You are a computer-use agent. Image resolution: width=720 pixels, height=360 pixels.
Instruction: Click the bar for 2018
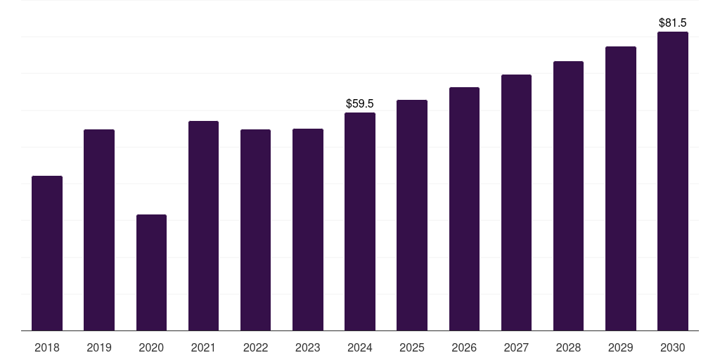[x=47, y=253]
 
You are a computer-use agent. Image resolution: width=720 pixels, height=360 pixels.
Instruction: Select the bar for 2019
[x=99, y=230]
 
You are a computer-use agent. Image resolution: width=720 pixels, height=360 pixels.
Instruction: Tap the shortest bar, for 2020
[x=152, y=272]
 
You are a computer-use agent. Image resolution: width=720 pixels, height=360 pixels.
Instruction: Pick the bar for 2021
[x=203, y=226]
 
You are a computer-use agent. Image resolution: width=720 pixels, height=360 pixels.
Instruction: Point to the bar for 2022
[x=255, y=230]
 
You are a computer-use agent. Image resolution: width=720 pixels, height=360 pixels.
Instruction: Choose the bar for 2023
[x=308, y=230]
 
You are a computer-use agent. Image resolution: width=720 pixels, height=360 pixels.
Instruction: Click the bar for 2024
[x=360, y=221]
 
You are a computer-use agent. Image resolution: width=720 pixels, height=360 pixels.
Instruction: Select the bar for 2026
[x=464, y=209]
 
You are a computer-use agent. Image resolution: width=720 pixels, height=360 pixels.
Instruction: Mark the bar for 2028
[x=568, y=196]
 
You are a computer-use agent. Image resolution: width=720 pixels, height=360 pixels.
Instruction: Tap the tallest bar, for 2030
[x=673, y=181]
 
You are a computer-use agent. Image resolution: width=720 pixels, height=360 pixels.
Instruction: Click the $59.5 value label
[x=360, y=103]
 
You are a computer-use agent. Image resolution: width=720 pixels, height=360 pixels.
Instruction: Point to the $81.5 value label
[x=673, y=23]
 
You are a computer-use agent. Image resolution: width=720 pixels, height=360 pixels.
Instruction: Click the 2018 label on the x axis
[x=47, y=347]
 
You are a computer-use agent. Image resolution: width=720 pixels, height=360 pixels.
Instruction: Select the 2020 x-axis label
[x=152, y=347]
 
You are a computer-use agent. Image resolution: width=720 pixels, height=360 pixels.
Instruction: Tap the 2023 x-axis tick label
[x=308, y=347]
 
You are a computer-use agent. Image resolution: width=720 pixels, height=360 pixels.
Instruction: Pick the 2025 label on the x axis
[x=412, y=347]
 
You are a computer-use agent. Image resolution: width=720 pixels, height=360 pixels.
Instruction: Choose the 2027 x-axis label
[x=516, y=347]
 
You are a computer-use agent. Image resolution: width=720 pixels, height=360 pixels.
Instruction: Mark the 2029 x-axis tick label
[x=620, y=347]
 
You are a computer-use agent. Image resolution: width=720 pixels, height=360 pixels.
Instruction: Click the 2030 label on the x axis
[x=673, y=347]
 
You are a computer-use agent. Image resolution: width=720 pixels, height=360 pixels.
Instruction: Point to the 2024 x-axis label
[x=360, y=347]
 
